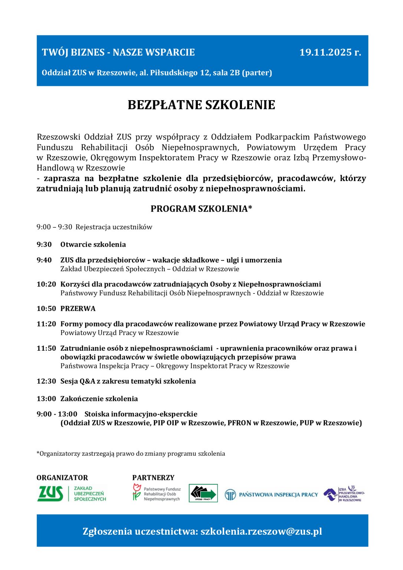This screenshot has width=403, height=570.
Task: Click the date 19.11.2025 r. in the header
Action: tap(330, 52)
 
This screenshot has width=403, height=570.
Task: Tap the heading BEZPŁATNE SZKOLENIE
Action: tap(201, 105)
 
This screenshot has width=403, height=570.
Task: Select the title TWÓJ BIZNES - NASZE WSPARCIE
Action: tap(118, 52)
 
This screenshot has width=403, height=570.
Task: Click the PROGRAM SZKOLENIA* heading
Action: tap(201, 209)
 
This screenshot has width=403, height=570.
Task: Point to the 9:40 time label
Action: tap(44, 260)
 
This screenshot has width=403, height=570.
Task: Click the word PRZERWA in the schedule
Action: tap(78, 309)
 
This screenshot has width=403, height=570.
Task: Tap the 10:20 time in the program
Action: tap(46, 284)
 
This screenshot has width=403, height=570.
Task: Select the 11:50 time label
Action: tap(46, 348)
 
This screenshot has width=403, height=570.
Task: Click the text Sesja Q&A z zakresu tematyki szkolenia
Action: tap(128, 381)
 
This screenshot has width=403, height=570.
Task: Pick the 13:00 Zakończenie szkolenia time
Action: tap(46, 399)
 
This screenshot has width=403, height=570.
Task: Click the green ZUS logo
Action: tap(50, 494)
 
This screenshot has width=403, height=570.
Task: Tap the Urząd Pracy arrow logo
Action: tap(203, 494)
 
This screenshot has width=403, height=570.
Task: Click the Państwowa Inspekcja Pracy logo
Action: tap(271, 495)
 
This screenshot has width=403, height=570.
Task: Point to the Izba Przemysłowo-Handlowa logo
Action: tap(344, 494)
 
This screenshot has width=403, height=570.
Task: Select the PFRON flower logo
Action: tap(137, 492)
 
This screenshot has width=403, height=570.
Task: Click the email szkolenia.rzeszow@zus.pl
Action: tap(261, 531)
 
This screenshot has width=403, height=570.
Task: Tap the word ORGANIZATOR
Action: tap(62, 478)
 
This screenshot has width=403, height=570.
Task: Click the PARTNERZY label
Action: tap(153, 478)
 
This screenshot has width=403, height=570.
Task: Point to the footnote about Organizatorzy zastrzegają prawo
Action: tap(131, 453)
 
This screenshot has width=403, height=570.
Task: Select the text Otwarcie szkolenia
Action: tap(93, 245)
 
